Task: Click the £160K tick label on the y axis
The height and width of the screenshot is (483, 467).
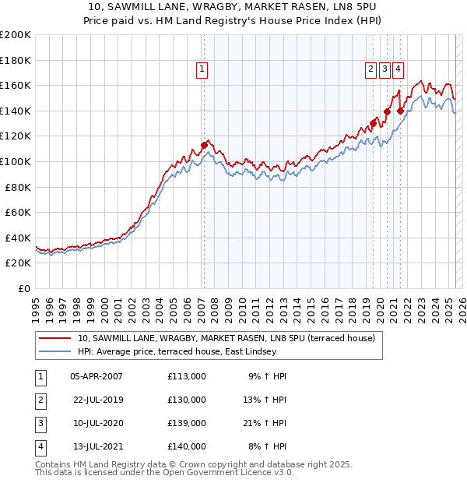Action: [x=16, y=85]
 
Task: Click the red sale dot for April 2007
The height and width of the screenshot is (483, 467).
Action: [x=204, y=145]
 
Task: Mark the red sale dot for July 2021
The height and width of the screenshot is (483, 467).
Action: [x=400, y=111]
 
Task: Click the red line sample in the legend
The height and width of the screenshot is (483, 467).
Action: [x=54, y=338]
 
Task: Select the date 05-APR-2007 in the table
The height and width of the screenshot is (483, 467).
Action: [x=97, y=376]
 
